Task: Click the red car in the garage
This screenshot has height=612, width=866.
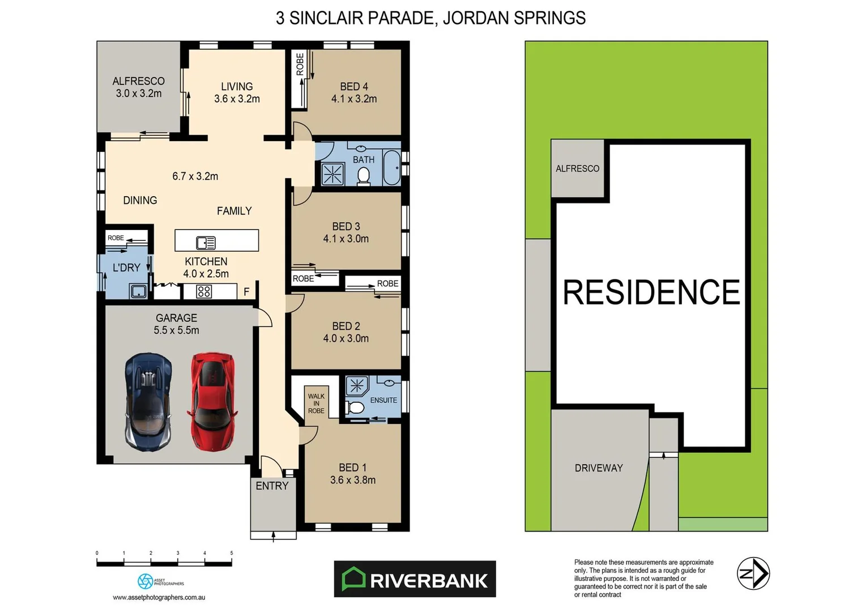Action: [x=212, y=401]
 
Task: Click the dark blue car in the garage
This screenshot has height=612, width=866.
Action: [x=148, y=401]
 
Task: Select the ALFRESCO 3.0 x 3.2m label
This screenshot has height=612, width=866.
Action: [x=138, y=87]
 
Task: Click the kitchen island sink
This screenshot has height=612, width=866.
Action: [x=206, y=243]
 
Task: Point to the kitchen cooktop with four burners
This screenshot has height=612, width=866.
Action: [x=204, y=291]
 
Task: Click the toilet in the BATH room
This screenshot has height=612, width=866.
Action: [x=364, y=177]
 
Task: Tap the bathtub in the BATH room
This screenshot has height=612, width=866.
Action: [x=391, y=168]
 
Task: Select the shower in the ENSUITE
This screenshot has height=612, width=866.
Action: [x=357, y=386]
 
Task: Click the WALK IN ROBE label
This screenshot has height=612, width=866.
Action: [x=316, y=403]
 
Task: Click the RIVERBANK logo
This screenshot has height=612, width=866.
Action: [x=415, y=579]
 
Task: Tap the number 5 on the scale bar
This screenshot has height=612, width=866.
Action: [x=232, y=553]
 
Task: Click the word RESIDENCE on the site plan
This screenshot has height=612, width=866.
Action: [x=651, y=292]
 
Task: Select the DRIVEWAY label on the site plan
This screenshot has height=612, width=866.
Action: [x=598, y=468]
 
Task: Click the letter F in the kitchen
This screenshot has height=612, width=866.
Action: [x=246, y=292]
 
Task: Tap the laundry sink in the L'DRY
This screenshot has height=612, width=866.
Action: [x=138, y=292]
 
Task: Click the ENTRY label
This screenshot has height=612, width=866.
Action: [x=272, y=486]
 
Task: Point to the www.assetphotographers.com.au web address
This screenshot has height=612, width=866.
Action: [x=159, y=597]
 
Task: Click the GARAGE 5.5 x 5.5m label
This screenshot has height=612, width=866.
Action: [x=176, y=324]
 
